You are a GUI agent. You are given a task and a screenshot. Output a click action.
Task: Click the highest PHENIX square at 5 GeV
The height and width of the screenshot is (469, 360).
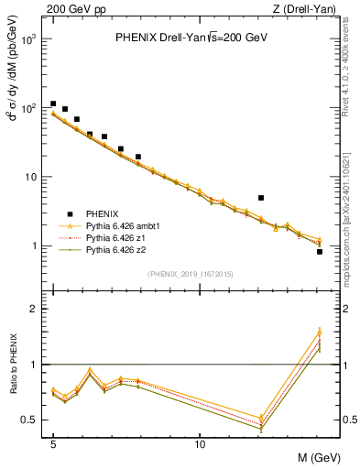pyautogui.click(x=53, y=104)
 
